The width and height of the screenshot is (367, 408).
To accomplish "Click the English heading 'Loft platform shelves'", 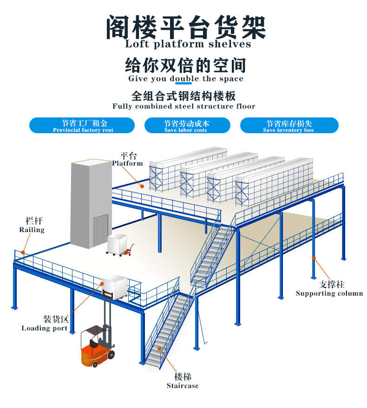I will (x=188, y=45).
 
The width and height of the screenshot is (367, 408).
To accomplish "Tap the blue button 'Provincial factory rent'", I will (x=82, y=125).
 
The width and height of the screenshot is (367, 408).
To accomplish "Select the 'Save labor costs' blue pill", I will (x=187, y=125).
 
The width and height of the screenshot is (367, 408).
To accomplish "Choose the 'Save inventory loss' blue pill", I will (x=289, y=125).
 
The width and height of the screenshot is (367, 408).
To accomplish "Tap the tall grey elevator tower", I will (x=91, y=204).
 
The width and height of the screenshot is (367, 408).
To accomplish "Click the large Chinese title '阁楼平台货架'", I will (x=186, y=26).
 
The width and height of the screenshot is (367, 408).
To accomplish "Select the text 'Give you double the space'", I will (x=185, y=78).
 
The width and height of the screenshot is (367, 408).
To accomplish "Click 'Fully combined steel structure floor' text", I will (x=183, y=106).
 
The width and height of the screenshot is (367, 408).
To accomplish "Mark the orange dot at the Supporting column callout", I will (x=314, y=257).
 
